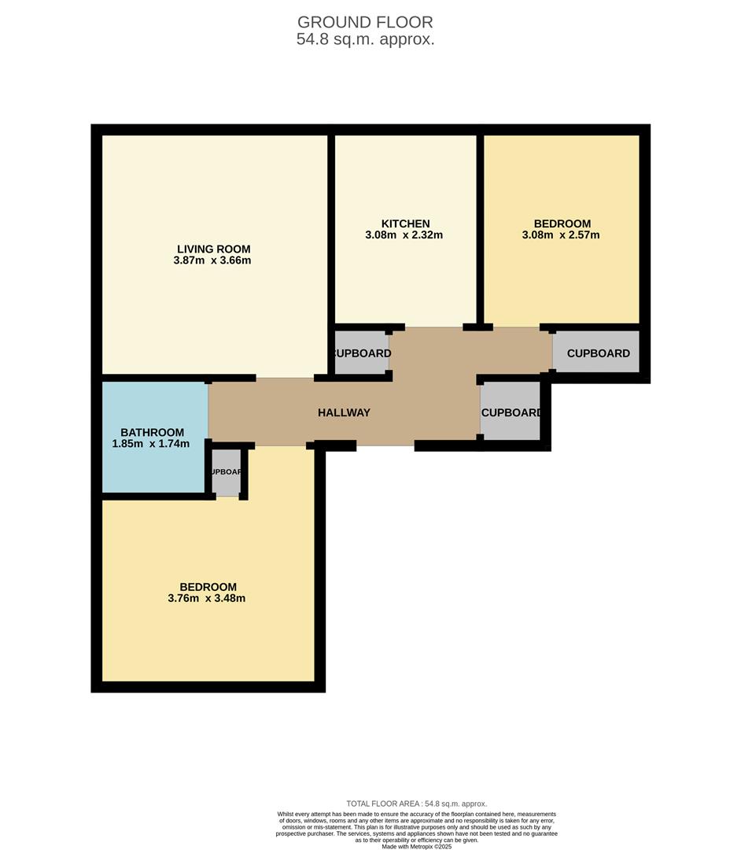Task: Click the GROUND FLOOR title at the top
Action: (365, 23)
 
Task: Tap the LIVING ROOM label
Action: (213, 249)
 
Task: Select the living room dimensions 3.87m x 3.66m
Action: (213, 261)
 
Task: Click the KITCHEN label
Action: (405, 224)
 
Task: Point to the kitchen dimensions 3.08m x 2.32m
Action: (404, 235)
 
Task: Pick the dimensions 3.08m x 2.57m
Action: (561, 235)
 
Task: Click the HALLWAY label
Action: (344, 412)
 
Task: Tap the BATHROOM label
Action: (152, 432)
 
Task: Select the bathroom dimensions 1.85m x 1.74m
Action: (151, 444)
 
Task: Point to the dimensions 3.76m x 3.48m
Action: (207, 598)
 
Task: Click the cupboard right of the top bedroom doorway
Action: (598, 353)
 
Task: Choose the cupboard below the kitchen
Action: (361, 353)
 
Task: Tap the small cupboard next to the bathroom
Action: (226, 472)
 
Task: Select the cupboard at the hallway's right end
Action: (510, 412)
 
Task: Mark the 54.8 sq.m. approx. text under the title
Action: (365, 39)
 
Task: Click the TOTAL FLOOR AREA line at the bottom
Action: (417, 804)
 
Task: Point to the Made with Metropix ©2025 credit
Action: (417, 846)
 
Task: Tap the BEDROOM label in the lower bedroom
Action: (208, 587)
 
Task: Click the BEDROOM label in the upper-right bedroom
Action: (562, 224)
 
